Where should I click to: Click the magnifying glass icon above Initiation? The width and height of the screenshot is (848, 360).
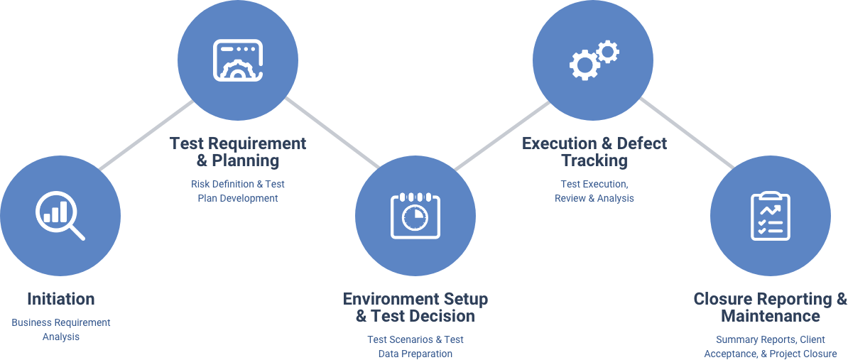point(59,214)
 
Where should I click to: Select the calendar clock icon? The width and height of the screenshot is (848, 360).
point(415,214)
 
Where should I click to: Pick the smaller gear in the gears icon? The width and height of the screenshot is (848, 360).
point(607,51)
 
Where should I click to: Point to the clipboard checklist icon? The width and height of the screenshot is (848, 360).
point(771,214)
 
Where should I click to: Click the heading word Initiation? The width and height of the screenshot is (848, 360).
point(60,298)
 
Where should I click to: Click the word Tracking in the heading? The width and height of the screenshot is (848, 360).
point(594,160)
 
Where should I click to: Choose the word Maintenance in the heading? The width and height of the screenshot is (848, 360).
point(770,316)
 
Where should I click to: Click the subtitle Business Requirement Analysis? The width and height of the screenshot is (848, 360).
point(61,329)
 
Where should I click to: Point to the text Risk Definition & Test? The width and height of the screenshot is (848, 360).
point(238,184)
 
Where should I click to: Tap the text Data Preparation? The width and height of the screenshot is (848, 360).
point(415,354)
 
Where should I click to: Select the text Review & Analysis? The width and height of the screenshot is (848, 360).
point(594,199)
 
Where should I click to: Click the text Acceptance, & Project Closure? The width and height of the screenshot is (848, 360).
point(771,354)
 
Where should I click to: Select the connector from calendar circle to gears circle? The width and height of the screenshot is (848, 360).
point(503,135)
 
